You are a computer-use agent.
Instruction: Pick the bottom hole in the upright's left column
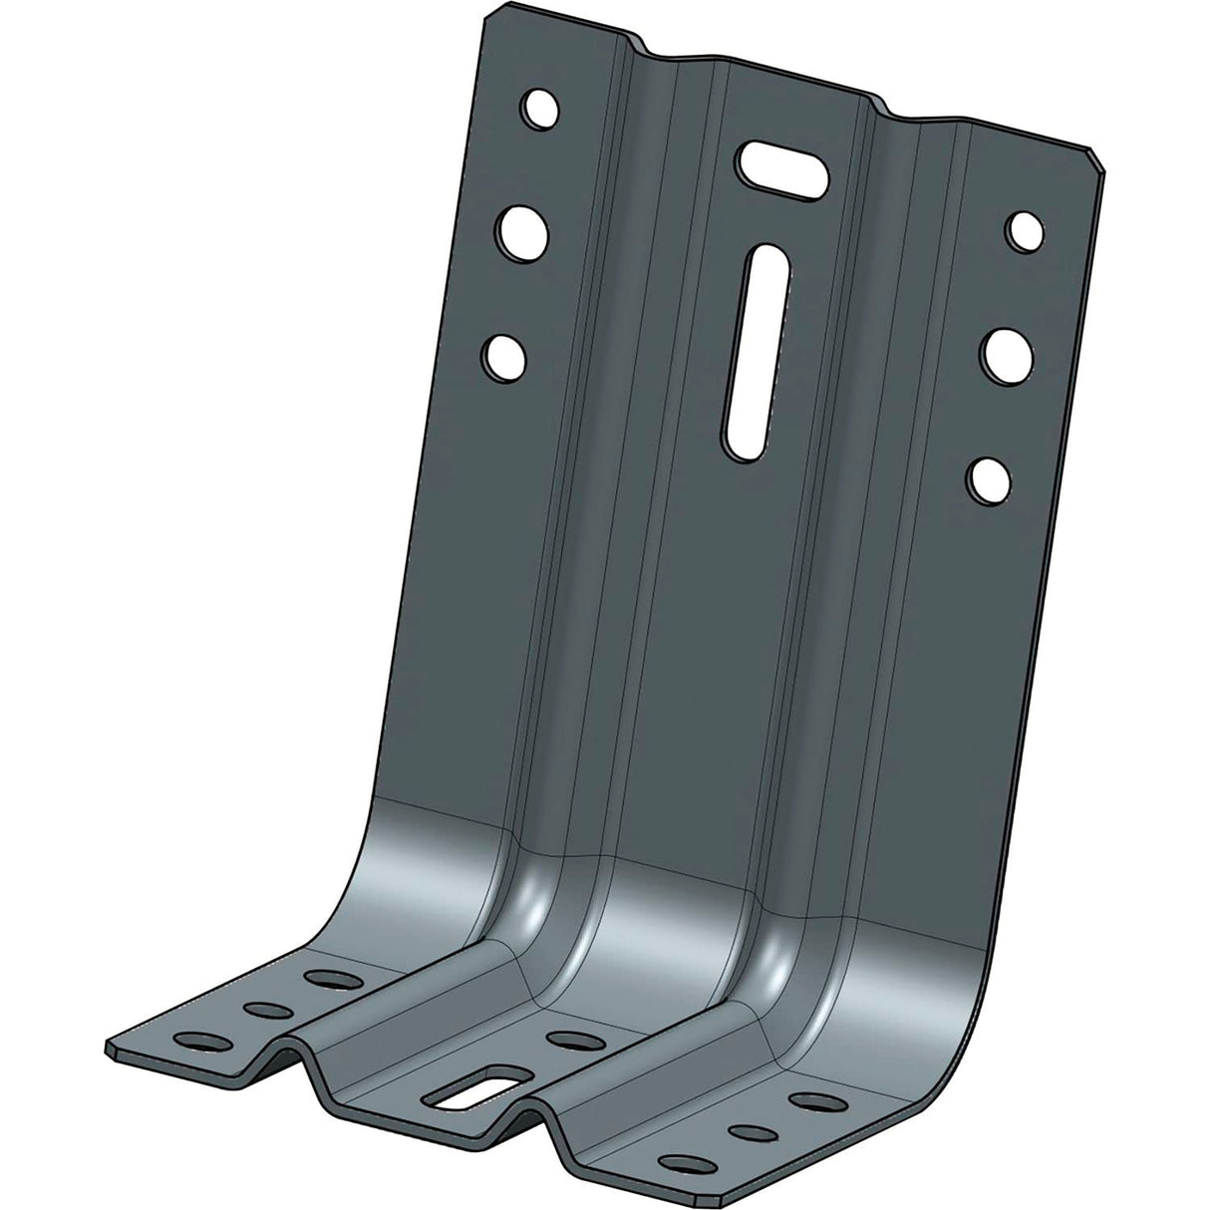pos(504,354)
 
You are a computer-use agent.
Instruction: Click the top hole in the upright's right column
pos(1024,229)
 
